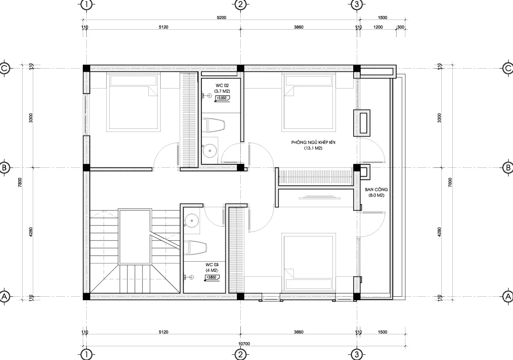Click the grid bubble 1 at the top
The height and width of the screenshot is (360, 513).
[87, 5]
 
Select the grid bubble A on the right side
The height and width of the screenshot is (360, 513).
[508, 296]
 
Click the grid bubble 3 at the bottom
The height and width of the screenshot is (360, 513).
[357, 354]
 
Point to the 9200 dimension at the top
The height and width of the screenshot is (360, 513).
[222, 18]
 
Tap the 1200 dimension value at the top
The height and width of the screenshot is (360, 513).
[378, 27]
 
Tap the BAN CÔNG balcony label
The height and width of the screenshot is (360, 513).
[376, 189]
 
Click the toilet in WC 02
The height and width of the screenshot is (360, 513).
[214, 125]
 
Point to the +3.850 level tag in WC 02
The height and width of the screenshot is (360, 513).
[222, 99]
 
